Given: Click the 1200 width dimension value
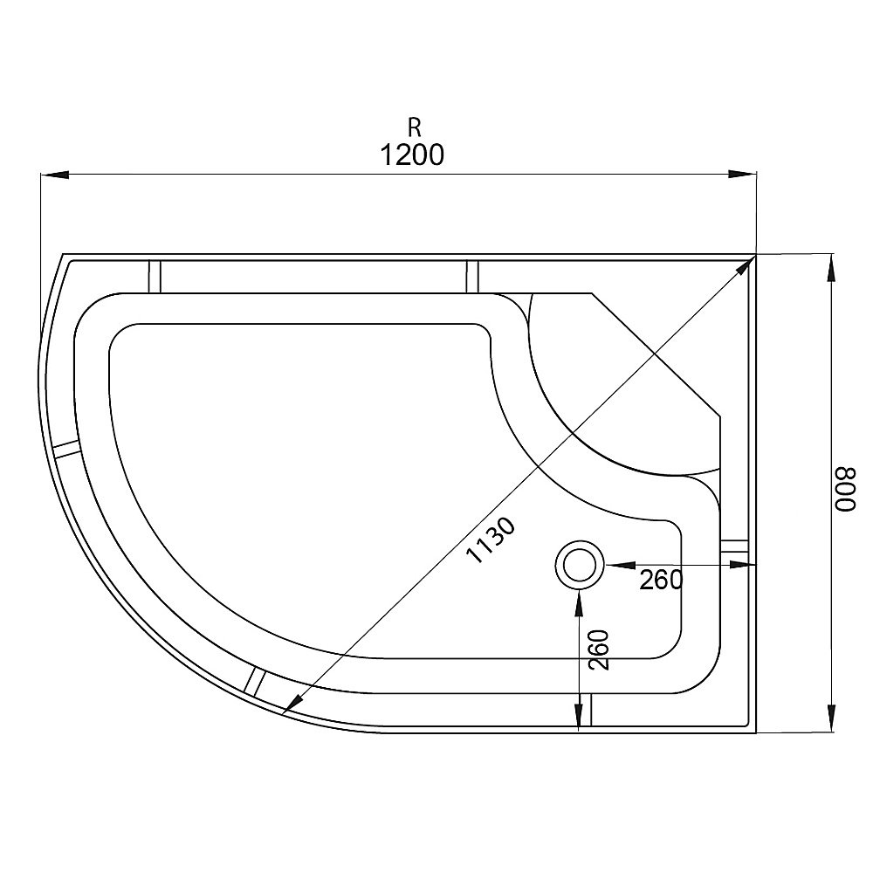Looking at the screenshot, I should [x=412, y=155].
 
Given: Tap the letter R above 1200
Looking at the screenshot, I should [x=414, y=124].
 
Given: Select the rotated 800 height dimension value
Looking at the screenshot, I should [x=842, y=492].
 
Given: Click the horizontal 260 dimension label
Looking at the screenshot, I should [x=660, y=580].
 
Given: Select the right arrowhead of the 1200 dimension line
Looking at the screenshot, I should [x=742, y=175].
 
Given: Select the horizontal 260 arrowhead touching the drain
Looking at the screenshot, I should [x=614, y=565].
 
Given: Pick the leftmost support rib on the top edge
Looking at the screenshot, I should [x=155, y=276].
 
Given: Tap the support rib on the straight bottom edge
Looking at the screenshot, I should [x=586, y=711].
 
